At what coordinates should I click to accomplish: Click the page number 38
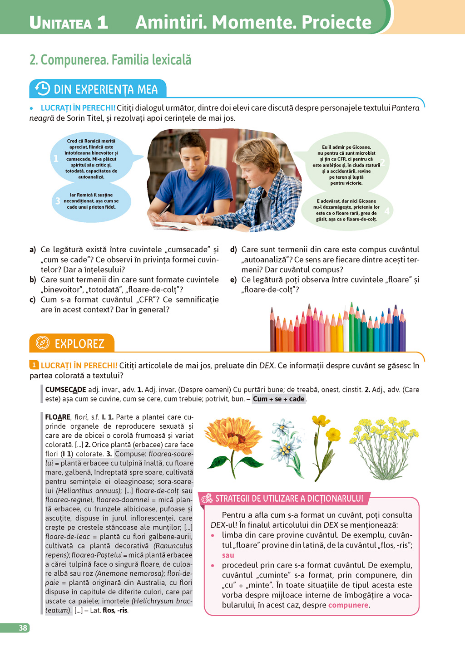click(23, 628)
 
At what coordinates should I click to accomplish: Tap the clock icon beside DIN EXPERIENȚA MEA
click(42, 88)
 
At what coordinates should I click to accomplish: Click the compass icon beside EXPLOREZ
click(42, 343)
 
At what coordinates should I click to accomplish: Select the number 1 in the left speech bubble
click(56, 159)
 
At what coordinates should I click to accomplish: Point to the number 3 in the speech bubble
click(58, 201)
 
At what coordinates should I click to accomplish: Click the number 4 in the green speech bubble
click(386, 210)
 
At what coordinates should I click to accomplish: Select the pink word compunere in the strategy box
click(348, 605)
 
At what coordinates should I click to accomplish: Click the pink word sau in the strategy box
click(228, 555)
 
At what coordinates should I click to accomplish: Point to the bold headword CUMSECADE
click(65, 390)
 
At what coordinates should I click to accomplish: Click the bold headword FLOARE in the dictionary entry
click(58, 417)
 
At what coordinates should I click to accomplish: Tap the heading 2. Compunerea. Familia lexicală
click(110, 60)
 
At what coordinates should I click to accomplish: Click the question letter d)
click(233, 250)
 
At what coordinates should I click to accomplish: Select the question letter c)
click(33, 300)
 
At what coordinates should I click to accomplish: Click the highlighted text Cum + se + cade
click(278, 399)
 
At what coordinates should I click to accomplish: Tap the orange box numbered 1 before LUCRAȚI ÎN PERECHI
click(34, 365)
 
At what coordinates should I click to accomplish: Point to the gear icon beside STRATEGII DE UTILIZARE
click(207, 499)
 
